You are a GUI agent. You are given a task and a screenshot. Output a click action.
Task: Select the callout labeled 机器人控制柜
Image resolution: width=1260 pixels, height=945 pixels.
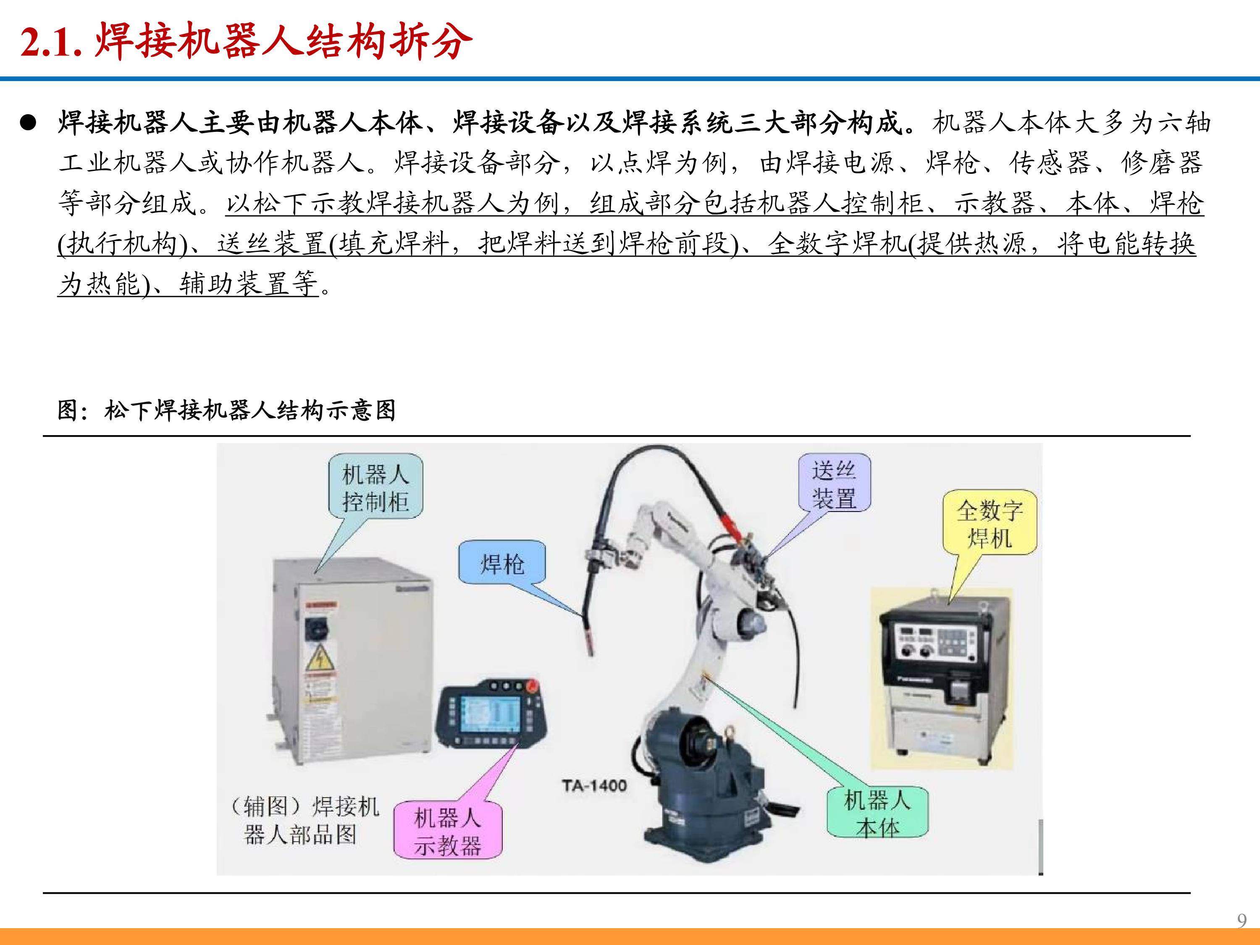point(375,488)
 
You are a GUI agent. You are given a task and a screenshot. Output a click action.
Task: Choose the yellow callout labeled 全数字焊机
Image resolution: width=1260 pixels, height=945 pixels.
point(990,523)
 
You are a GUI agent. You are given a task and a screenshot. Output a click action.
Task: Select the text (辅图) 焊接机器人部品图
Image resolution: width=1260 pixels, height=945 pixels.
point(303,821)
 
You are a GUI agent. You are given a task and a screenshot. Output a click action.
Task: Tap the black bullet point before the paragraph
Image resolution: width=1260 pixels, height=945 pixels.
point(28,123)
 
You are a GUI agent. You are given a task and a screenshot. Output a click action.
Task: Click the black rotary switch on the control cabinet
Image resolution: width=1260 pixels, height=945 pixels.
point(314,628)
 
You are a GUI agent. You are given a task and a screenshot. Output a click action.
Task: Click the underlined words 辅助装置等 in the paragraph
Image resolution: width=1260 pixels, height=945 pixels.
point(248,283)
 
